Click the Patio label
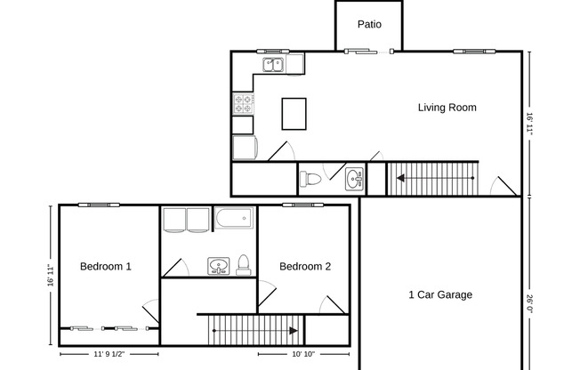369,24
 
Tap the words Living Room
447,108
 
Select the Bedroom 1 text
106,266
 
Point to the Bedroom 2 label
305,266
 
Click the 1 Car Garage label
440,294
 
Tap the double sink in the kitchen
273,64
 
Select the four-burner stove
243,103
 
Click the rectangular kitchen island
294,113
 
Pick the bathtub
235,218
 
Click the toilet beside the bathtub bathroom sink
243,264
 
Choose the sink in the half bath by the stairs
355,179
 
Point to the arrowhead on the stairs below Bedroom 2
293,331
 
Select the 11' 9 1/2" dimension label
106,354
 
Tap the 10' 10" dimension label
302,354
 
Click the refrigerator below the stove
243,147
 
